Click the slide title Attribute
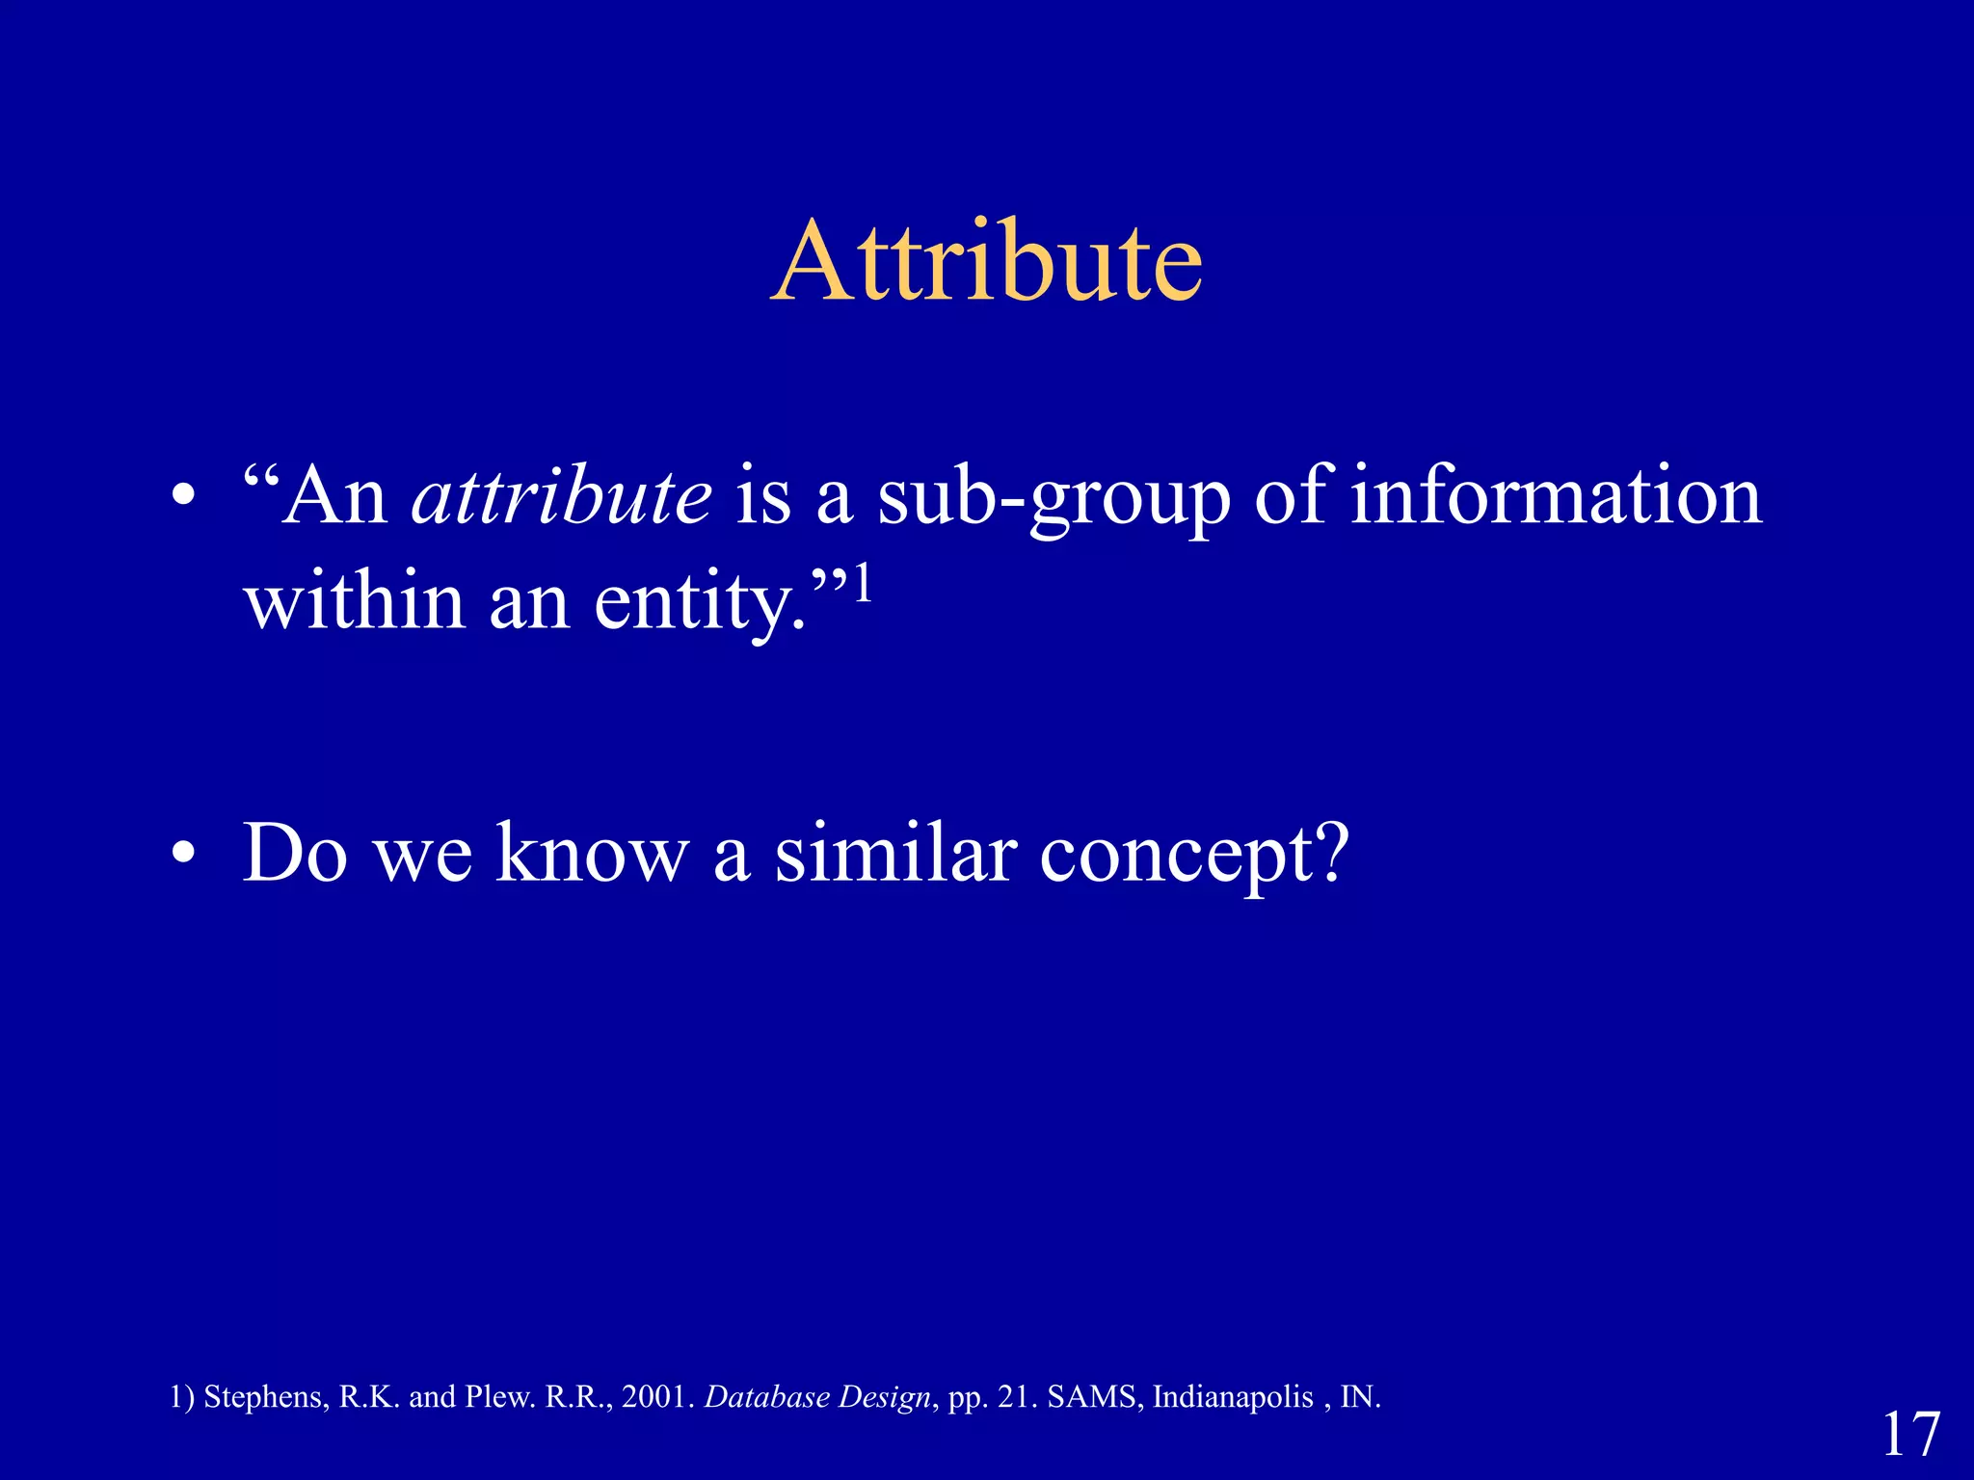click(987, 262)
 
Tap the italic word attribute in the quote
click(562, 496)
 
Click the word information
click(1556, 496)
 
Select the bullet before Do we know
click(183, 854)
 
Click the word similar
click(895, 853)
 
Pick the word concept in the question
click(1193, 855)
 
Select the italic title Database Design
click(817, 1397)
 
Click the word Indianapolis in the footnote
click(1233, 1397)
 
